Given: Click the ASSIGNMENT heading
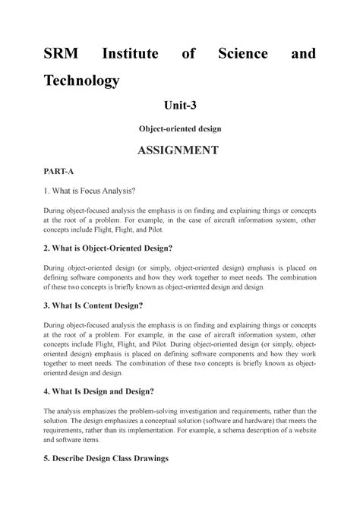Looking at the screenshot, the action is (x=179, y=151).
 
